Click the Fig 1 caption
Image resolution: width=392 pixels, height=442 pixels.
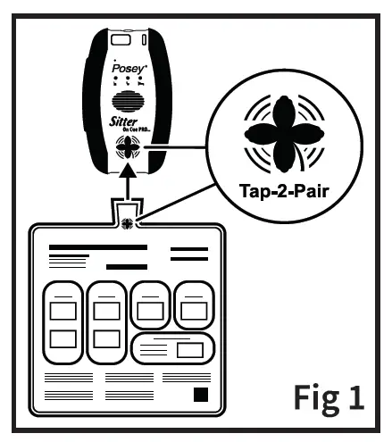pos(329,396)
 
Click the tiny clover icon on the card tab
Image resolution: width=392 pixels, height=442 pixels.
pos(129,222)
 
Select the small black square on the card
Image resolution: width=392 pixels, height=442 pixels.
pos(201,394)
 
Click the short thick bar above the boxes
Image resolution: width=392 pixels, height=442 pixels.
pos(126,266)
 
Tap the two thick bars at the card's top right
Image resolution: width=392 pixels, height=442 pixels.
pos(188,254)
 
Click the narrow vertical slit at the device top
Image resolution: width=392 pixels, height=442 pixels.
pos(144,41)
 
